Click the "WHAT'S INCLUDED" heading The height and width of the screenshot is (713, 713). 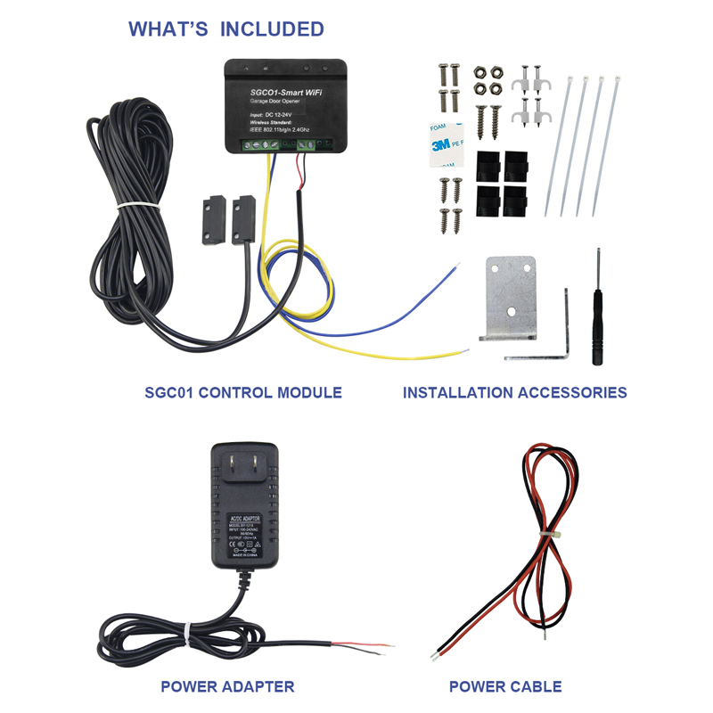click(x=226, y=29)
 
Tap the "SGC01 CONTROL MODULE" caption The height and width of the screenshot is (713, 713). click(x=243, y=392)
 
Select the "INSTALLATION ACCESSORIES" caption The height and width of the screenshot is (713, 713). click(x=514, y=392)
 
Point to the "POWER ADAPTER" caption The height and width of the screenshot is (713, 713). click(x=227, y=686)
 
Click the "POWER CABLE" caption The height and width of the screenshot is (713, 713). click(x=505, y=686)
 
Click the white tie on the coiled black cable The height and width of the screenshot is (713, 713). click(x=133, y=207)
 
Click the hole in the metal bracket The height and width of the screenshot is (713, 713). click(x=511, y=311)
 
